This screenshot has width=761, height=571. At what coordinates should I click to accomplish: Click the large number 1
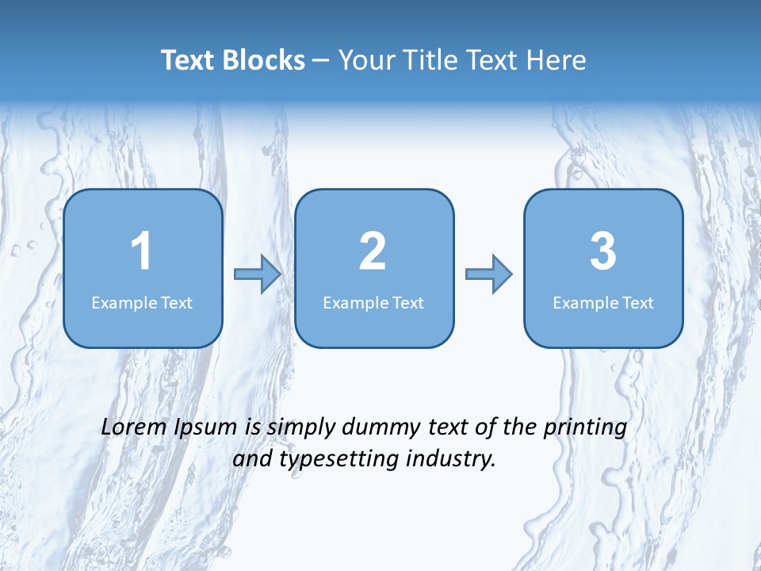pyautogui.click(x=141, y=251)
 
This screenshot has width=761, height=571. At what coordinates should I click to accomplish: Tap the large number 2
pyautogui.click(x=373, y=251)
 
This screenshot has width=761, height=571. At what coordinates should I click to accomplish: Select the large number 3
pyautogui.click(x=603, y=251)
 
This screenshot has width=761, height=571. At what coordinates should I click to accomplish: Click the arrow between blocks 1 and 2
pyautogui.click(x=258, y=274)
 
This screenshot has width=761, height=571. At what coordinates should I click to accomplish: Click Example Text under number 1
pyautogui.click(x=142, y=303)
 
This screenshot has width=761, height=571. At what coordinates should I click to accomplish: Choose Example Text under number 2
pyautogui.click(x=373, y=303)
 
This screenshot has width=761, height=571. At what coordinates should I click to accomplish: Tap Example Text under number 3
pyautogui.click(x=603, y=303)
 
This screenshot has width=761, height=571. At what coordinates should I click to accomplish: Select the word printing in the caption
pyautogui.click(x=584, y=428)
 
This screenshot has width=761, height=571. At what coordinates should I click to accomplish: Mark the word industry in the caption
pyautogui.click(x=455, y=459)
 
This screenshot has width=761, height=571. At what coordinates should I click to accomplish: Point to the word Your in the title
pyautogui.click(x=367, y=60)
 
